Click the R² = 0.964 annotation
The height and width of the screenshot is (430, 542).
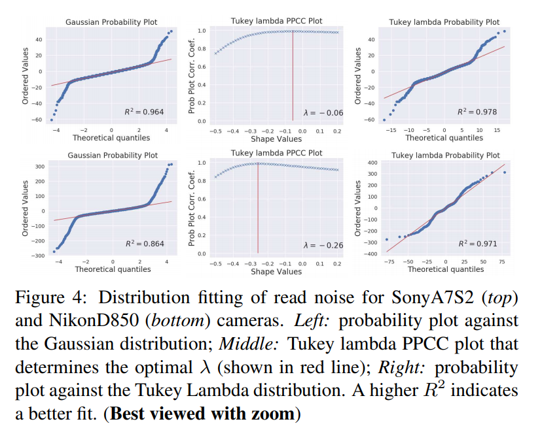click(144, 112)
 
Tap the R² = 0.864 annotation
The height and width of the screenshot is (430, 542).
click(145, 244)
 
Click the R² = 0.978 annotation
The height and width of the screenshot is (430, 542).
click(477, 112)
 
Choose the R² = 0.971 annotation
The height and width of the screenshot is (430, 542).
click(477, 244)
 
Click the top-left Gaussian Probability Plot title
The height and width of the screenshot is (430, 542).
click(111, 22)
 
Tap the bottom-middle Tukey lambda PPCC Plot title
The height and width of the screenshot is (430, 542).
click(276, 153)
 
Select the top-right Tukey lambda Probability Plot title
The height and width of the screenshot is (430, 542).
click(444, 22)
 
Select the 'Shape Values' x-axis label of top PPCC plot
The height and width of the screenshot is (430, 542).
click(276, 139)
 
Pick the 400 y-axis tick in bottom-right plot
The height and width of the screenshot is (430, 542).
click(372, 163)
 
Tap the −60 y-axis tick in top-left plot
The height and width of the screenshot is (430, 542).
click(38, 120)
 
